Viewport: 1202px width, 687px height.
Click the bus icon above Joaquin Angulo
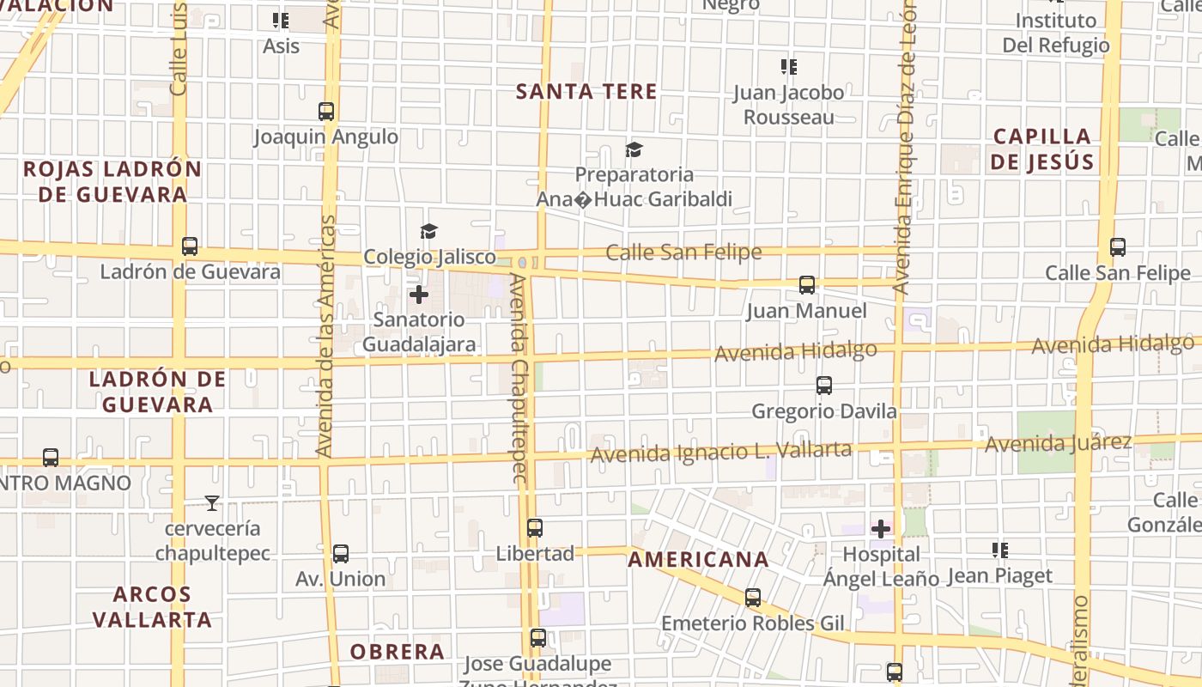pyautogui.click(x=326, y=111)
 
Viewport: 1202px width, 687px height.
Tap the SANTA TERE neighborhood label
pyautogui.click(x=586, y=91)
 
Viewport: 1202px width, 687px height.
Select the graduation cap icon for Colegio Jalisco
pyautogui.click(x=428, y=231)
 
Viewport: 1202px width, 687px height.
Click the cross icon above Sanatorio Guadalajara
pyautogui.click(x=419, y=295)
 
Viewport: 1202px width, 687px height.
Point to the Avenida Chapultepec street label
pyautogui.click(x=521, y=378)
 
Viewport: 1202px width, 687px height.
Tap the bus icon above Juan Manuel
pyautogui.click(x=807, y=285)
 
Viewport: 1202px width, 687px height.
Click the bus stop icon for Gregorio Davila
pyautogui.click(x=824, y=386)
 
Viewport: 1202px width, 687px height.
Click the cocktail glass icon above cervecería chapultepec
pyautogui.click(x=212, y=503)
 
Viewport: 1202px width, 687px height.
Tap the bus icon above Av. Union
pyautogui.click(x=341, y=554)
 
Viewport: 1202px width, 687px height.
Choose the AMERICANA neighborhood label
pyautogui.click(x=698, y=560)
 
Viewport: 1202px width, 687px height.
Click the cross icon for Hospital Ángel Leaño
pyautogui.click(x=881, y=529)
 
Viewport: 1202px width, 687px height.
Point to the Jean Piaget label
pyautogui.click(x=999, y=576)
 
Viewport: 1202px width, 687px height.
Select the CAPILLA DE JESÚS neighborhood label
pyautogui.click(x=1042, y=149)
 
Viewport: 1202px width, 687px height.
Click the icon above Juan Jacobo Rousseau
pyautogui.click(x=788, y=66)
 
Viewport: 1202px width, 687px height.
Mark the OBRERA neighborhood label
pyautogui.click(x=397, y=652)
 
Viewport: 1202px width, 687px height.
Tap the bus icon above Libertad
pyautogui.click(x=535, y=528)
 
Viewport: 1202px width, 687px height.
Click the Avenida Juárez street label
pyautogui.click(x=1058, y=444)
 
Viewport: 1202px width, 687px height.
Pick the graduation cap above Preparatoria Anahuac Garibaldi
pyautogui.click(x=634, y=150)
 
